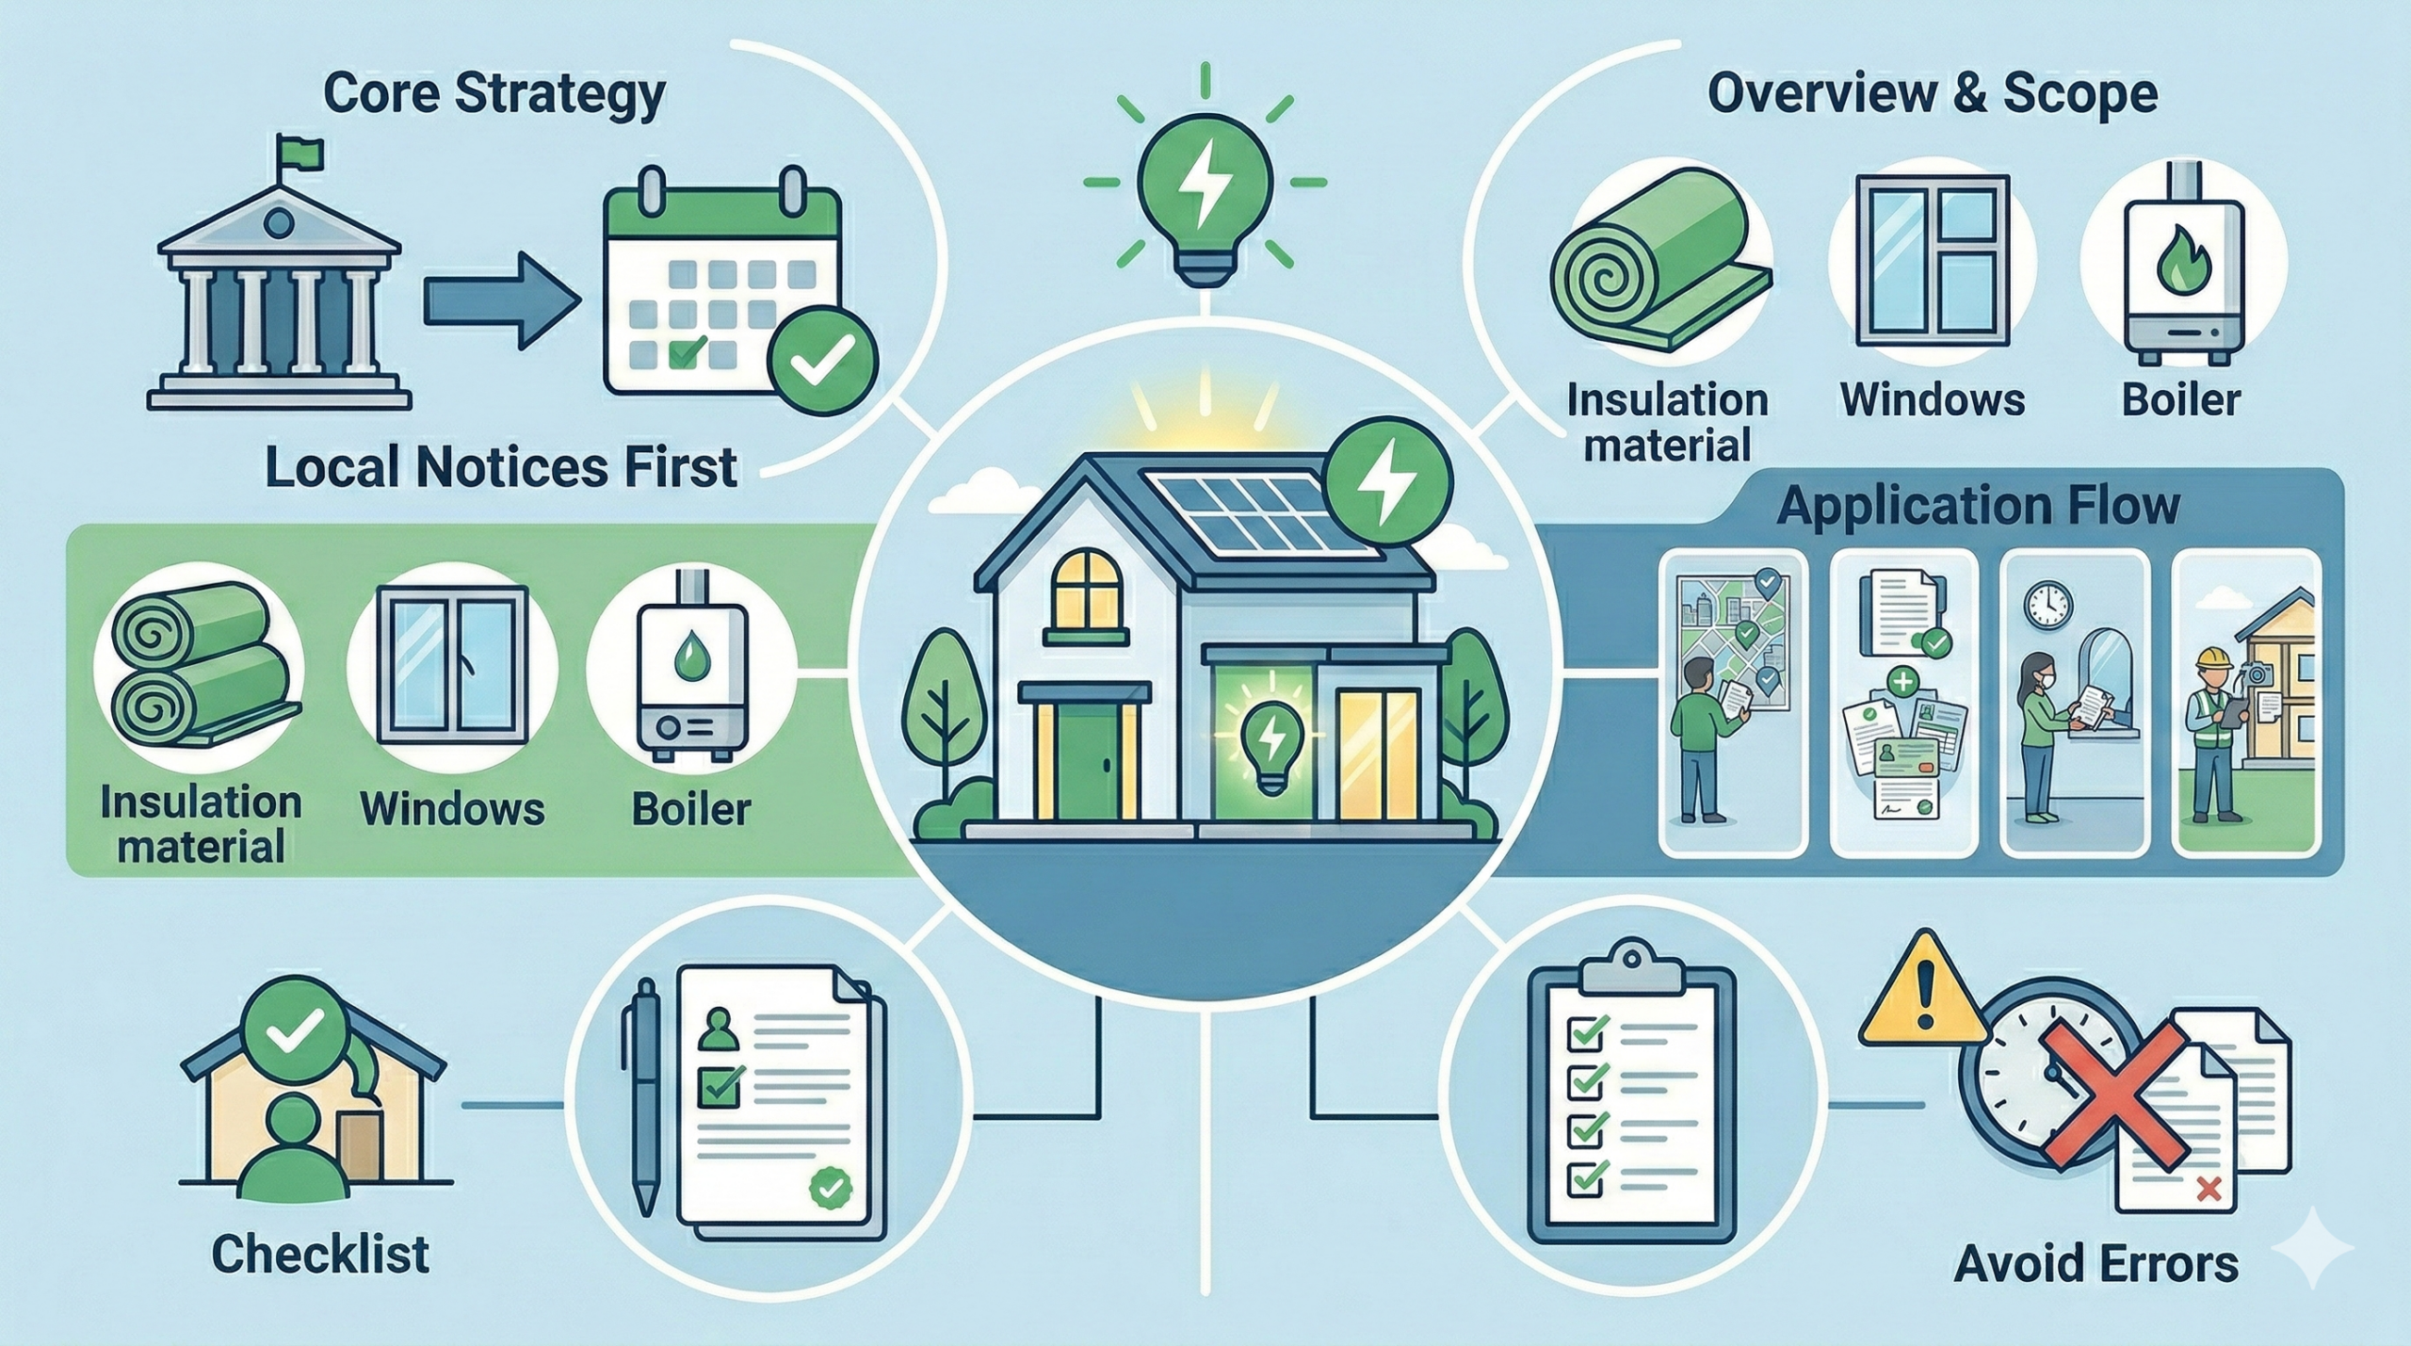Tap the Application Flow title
coord(1977,508)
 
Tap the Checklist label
coord(320,1255)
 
